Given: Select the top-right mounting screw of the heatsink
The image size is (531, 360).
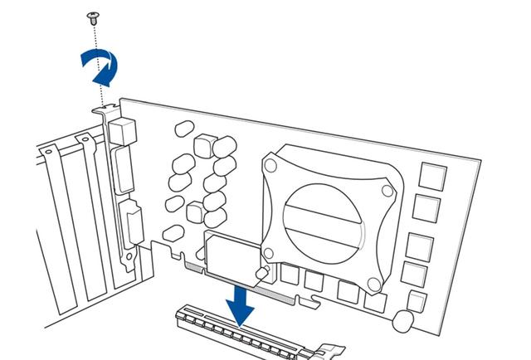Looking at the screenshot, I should pos(387,190).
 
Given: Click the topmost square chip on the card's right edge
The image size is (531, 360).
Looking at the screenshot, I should pos(432,176).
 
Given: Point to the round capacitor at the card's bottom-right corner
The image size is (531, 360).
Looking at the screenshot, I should pos(403,321).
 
